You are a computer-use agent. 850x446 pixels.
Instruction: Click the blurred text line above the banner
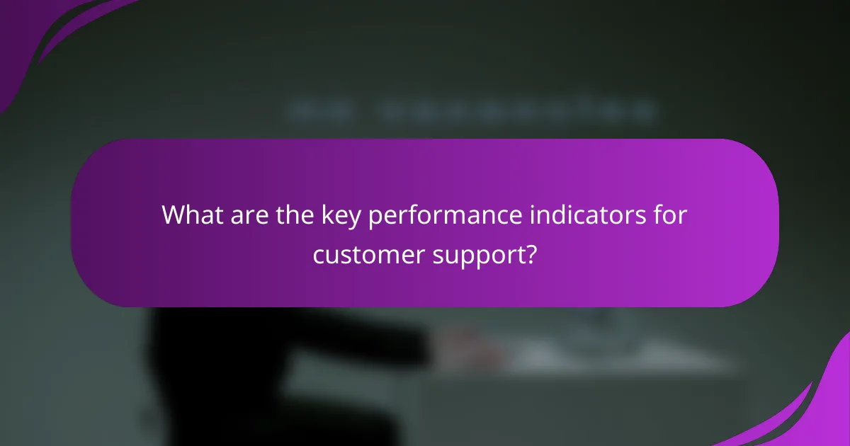point(471,111)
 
